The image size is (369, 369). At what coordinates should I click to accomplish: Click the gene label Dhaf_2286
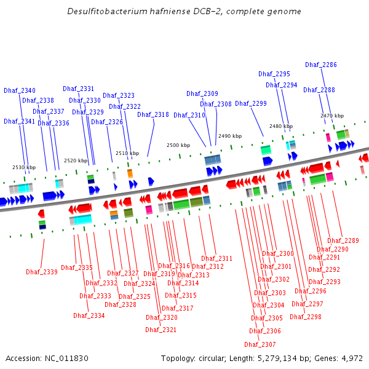(x=321, y=65)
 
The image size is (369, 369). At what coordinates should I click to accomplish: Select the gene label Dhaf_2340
(x=20, y=90)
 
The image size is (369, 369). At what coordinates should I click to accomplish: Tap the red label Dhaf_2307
(x=260, y=344)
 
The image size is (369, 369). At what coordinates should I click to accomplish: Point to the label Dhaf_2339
(x=42, y=272)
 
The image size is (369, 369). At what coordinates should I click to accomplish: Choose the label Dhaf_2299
(x=251, y=103)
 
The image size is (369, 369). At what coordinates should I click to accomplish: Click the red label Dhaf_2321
(x=161, y=330)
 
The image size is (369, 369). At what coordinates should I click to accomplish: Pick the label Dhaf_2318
(x=153, y=114)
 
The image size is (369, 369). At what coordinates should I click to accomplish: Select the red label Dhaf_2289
(x=343, y=240)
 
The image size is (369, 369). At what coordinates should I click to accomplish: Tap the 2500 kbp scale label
(x=178, y=145)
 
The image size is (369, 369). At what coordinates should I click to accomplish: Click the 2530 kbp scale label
(x=24, y=167)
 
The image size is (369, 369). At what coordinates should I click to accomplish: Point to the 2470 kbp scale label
(x=332, y=116)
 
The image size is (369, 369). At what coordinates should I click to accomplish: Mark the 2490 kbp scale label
(x=230, y=136)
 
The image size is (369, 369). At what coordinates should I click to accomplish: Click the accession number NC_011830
(x=66, y=359)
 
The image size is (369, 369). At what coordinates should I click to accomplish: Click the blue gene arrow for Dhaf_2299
(x=268, y=161)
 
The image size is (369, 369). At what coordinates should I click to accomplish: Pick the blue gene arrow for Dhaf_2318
(x=151, y=181)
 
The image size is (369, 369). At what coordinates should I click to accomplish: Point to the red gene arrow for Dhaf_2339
(x=41, y=213)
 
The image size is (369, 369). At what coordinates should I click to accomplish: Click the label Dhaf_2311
(x=216, y=259)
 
